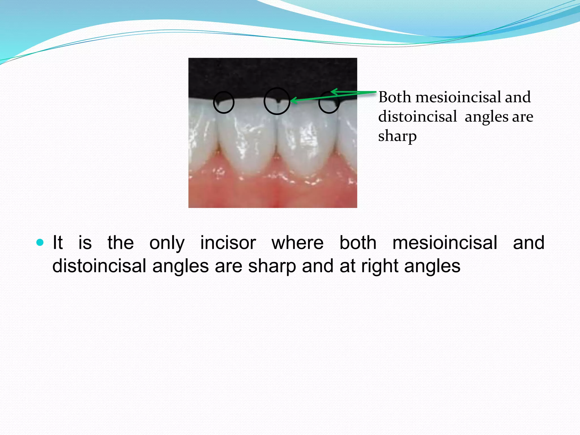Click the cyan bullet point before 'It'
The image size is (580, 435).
coord(40,242)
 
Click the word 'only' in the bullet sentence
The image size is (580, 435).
coord(167,243)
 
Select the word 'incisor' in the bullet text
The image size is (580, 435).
coord(228,243)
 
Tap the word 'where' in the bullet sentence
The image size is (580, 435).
coord(297,243)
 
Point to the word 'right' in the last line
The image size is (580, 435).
coord(380,266)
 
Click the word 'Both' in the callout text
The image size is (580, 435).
coord(395,97)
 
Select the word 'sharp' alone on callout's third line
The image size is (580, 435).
coord(397,136)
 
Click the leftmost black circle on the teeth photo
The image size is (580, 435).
coord(224,103)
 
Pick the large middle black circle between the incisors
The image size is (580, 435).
coord(277,101)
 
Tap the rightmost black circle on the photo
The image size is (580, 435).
coord(329,103)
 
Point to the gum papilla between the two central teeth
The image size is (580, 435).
coord(276,161)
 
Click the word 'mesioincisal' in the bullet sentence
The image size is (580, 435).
coord(445,243)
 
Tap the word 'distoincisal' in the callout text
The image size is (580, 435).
coord(417,117)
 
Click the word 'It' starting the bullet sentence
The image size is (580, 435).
coord(57,243)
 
